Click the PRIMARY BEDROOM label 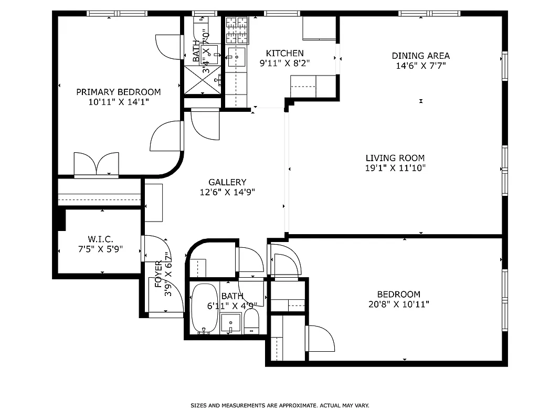[x=118, y=92]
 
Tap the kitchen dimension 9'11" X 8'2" [x=284, y=63]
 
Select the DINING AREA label [x=420, y=56]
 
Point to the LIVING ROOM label [x=395, y=158]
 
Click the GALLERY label [x=227, y=182]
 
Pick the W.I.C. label [x=100, y=239]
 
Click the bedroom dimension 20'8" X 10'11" [x=399, y=304]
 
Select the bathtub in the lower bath [x=204, y=309]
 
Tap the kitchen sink [x=237, y=57]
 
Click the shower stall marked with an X [x=202, y=80]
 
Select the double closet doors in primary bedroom [x=97, y=164]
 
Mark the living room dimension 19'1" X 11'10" [x=395, y=168]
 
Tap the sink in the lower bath [x=230, y=322]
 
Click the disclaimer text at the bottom [x=280, y=405]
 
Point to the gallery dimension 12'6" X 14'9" [x=227, y=192]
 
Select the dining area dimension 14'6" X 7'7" [x=420, y=66]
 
